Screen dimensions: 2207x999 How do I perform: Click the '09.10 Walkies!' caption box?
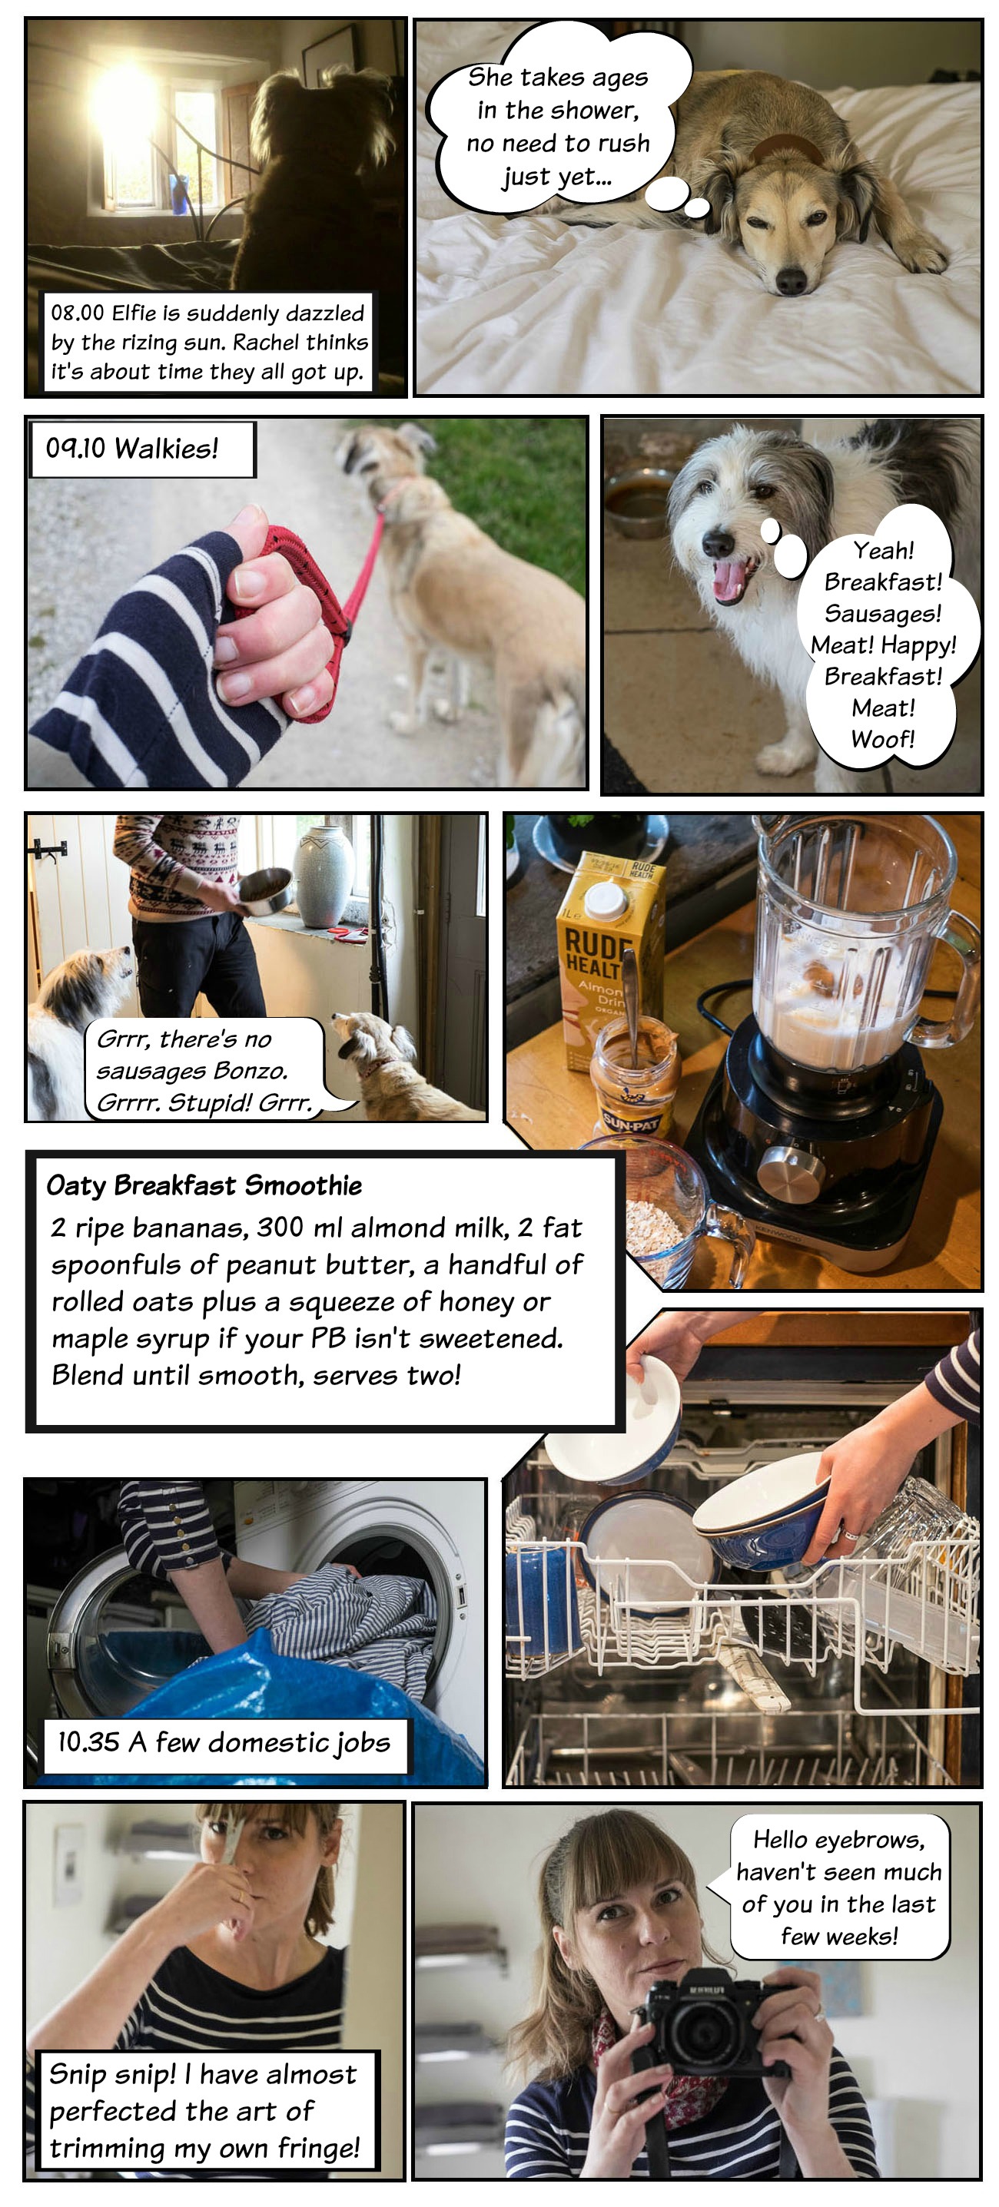pos(142,449)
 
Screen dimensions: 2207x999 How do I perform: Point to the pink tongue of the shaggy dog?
pos(729,579)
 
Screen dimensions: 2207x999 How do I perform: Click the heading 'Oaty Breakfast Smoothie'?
pos(204,1186)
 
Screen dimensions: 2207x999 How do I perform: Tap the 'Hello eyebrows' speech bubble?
pos(839,1887)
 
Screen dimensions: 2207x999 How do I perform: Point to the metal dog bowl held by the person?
pos(266,887)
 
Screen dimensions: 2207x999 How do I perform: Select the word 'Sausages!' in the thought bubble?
pos(882,614)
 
